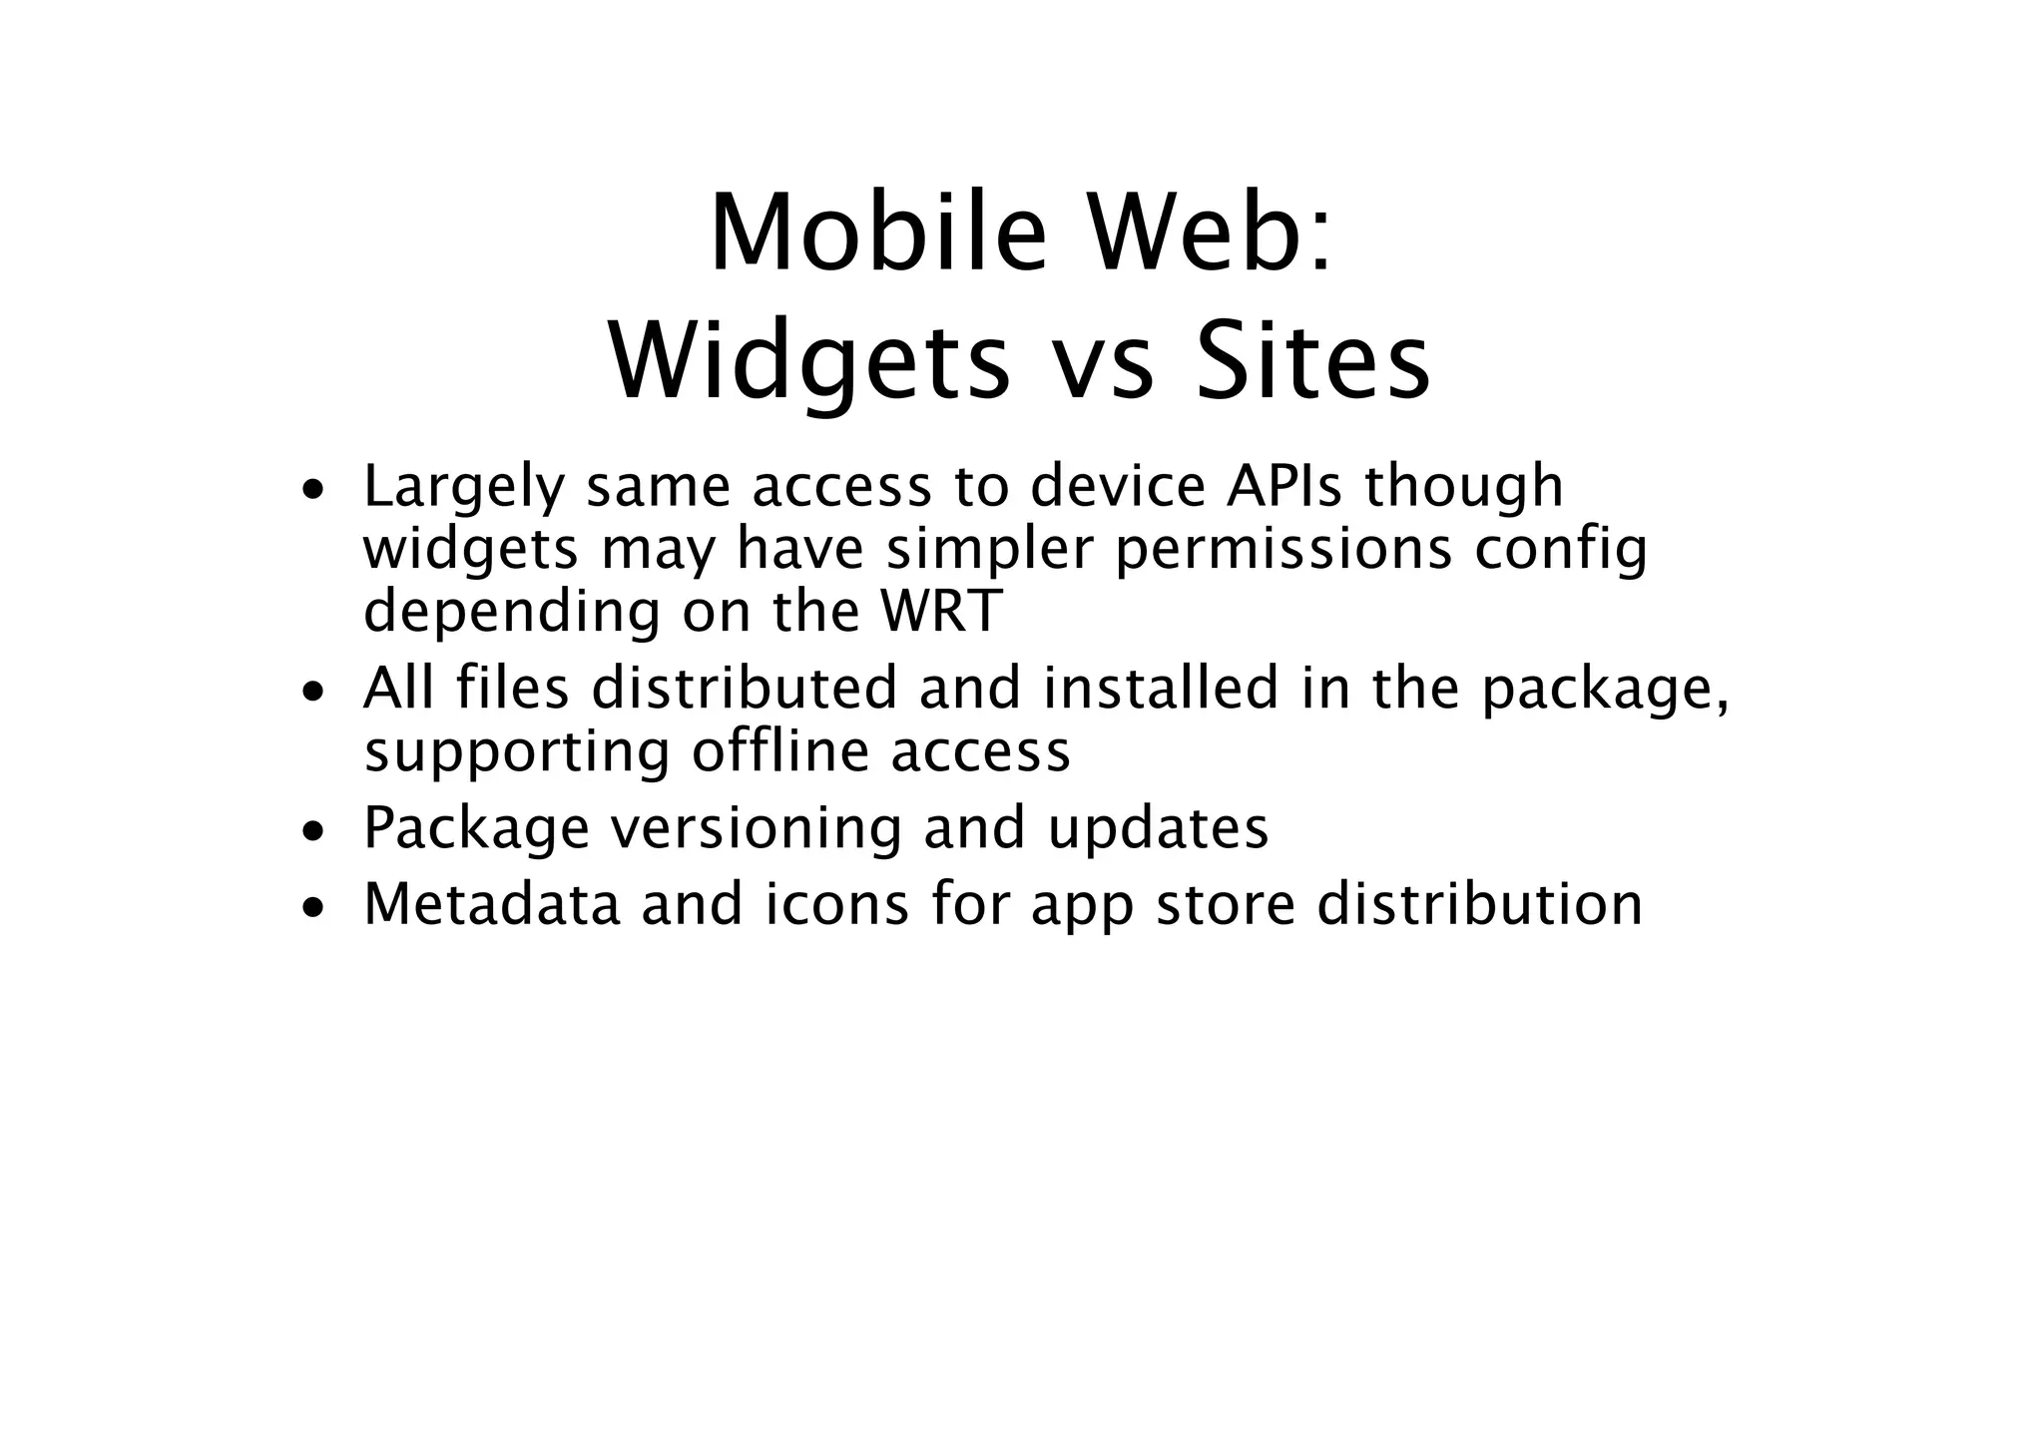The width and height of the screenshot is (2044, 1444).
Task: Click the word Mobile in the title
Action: [877, 234]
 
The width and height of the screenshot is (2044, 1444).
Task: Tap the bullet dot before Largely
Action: [314, 491]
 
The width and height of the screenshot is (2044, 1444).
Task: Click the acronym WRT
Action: [939, 611]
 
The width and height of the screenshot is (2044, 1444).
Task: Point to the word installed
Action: [1161, 689]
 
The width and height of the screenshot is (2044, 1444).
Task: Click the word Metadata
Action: [491, 904]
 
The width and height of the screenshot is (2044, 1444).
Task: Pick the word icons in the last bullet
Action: [836, 904]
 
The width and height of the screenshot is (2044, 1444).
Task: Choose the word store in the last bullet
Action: [1224, 904]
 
